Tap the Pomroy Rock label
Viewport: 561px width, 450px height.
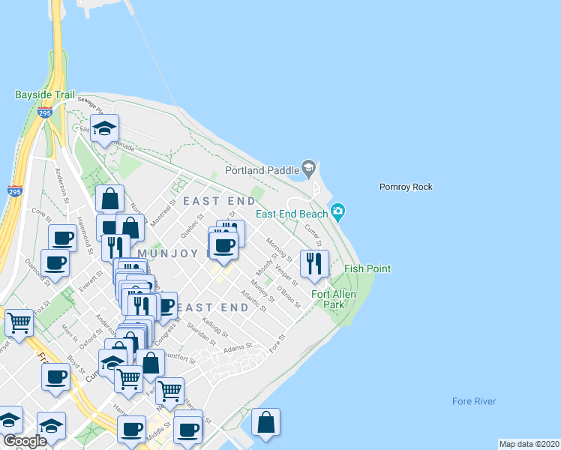pos(406,187)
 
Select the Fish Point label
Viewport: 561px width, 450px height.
pos(367,268)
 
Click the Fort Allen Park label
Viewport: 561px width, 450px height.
pos(339,300)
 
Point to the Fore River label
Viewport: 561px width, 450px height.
pos(474,401)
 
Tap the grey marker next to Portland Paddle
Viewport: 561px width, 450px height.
pos(307,166)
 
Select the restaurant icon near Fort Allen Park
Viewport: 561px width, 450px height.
pos(313,262)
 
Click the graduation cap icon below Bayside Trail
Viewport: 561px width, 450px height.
pos(104,128)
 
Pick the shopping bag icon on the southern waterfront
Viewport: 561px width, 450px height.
pos(265,422)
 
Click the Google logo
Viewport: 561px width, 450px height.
pos(25,441)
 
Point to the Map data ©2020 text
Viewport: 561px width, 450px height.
pos(528,444)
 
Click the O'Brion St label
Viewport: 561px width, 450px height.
pos(288,296)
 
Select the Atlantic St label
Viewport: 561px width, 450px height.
pos(253,300)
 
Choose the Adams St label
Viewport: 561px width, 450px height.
pos(236,349)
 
